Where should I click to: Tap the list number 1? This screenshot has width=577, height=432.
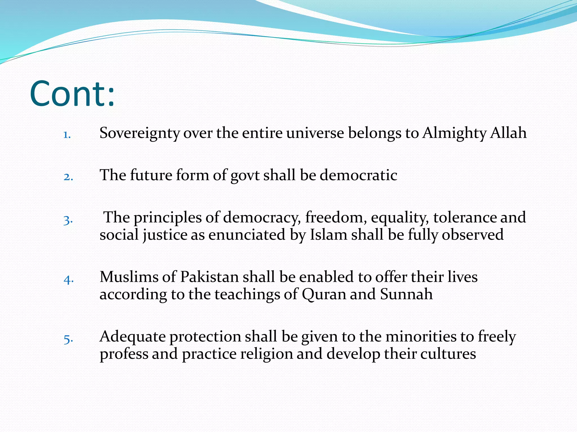point(67,135)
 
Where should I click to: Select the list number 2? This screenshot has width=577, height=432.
point(68,177)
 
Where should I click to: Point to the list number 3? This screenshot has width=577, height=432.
point(68,220)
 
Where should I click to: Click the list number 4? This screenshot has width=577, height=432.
point(68,280)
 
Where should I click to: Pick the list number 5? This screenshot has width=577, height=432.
point(68,339)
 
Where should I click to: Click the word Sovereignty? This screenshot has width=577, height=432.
point(139,133)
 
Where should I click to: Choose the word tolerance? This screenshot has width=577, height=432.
point(465,217)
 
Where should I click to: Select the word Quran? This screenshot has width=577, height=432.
point(324,294)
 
